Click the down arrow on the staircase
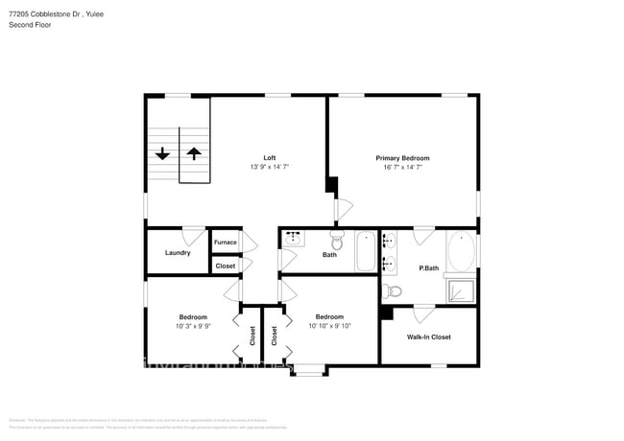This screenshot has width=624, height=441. point(162,152)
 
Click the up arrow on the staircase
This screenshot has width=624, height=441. point(194,152)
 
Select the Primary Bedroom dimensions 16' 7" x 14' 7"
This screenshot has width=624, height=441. point(402,167)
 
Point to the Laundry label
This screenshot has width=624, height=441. point(178,253)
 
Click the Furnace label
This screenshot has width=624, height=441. point(225,242)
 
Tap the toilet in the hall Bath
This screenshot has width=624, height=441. point(337,239)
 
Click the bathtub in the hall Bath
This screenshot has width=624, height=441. point(366,251)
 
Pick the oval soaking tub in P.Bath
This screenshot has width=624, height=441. point(462,252)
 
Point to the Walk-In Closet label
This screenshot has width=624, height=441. point(428,337)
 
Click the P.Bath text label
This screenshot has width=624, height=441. point(428,267)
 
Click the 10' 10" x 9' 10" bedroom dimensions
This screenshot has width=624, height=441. point(329,326)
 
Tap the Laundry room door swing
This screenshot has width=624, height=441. point(194,235)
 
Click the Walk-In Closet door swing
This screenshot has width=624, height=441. point(423,313)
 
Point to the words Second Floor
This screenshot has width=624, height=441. point(31,24)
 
